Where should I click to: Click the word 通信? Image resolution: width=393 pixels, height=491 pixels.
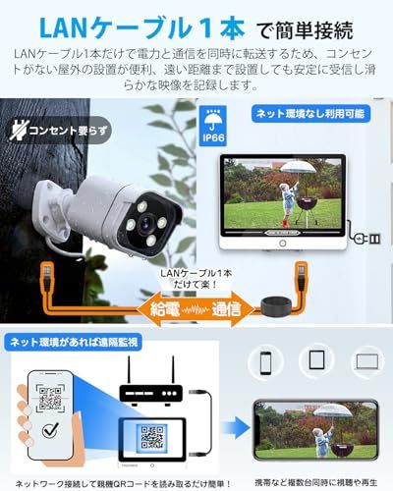pos(233,309)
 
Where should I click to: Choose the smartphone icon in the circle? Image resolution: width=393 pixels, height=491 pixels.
pos(267,362)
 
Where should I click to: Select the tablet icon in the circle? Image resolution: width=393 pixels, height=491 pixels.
pos(314,362)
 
